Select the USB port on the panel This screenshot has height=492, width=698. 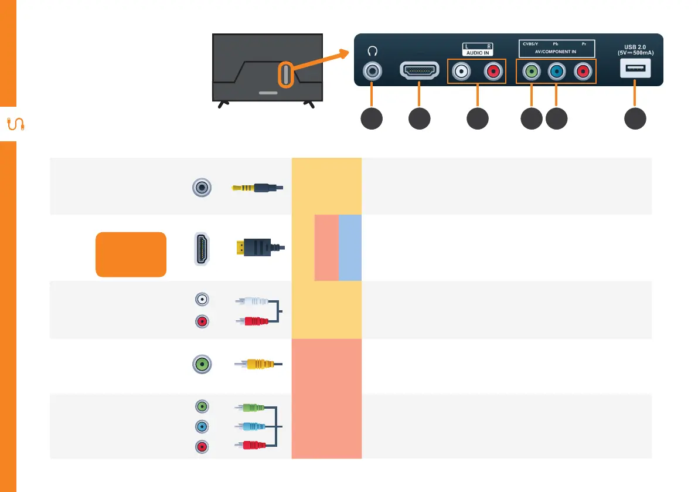click(x=634, y=70)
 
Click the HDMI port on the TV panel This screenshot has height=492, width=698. click(x=419, y=71)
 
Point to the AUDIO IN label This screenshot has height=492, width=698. click(x=476, y=52)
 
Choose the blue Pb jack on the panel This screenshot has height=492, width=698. click(x=556, y=72)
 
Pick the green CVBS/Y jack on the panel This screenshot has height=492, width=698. click(x=531, y=72)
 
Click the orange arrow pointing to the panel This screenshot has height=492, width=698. click(x=320, y=60)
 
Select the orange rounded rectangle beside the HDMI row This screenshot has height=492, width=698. click(x=131, y=253)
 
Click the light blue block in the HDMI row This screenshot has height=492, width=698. click(x=350, y=247)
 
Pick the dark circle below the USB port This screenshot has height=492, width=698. click(x=635, y=118)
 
